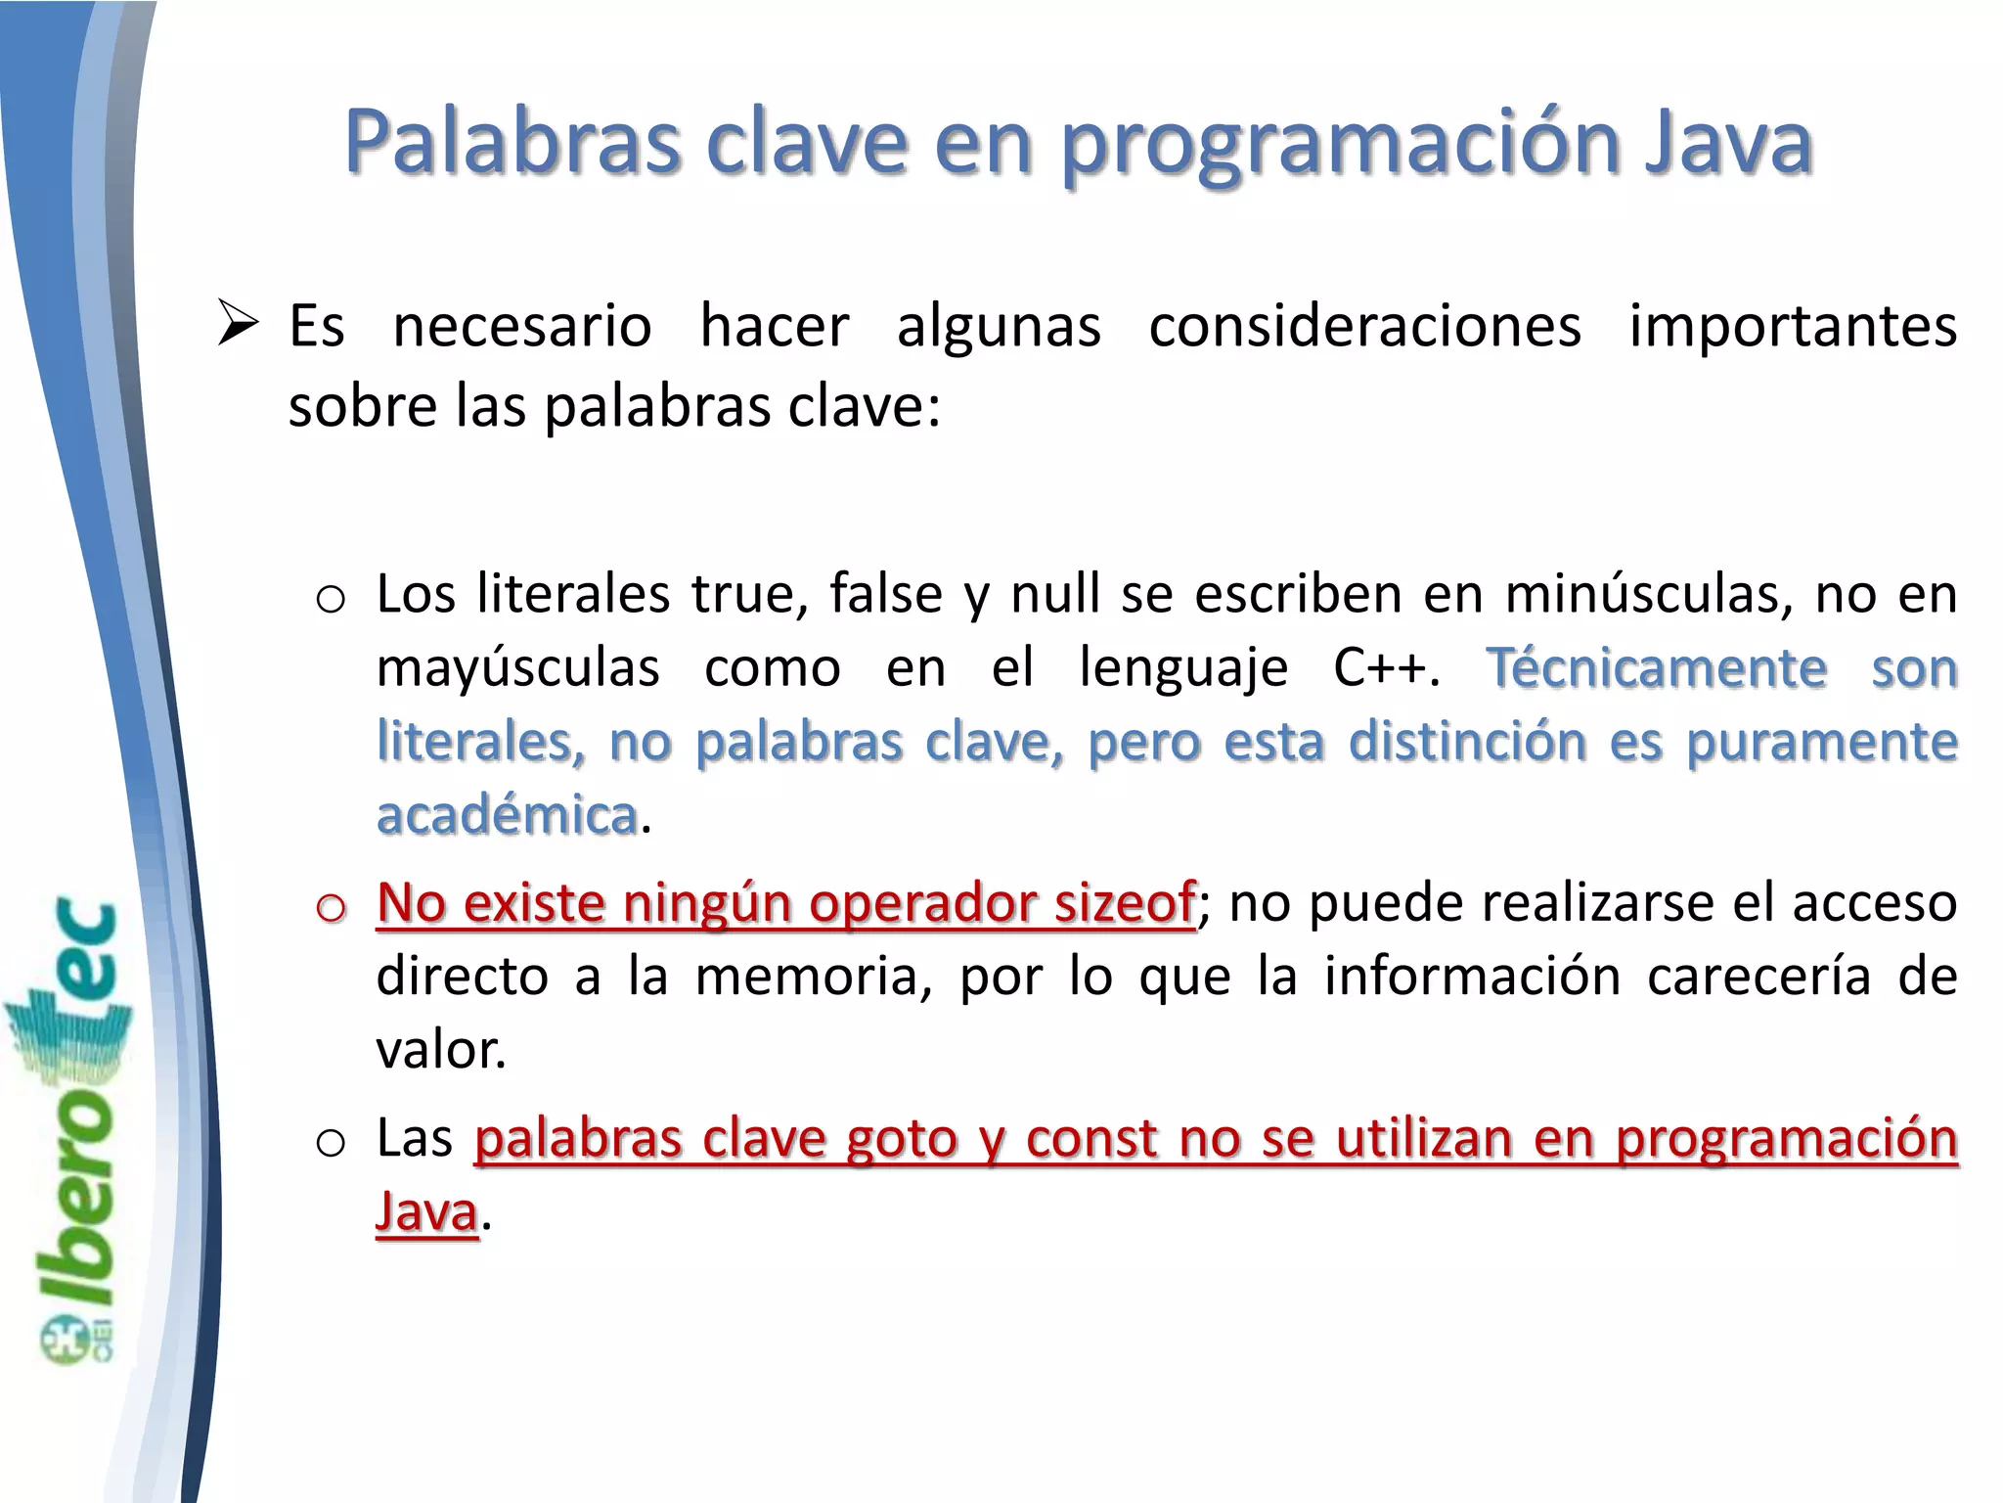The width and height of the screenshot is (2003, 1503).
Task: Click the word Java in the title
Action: [x=1728, y=143]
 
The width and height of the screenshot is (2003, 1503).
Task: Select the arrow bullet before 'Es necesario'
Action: [x=238, y=325]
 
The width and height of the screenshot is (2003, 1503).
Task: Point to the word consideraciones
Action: [x=1364, y=326]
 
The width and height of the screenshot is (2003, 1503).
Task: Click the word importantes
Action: [x=1793, y=326]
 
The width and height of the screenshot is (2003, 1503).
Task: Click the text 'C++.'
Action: [x=1388, y=668]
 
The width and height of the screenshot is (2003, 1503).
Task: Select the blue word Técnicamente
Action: [x=1657, y=668]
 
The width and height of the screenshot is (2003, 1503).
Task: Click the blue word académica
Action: [x=508, y=815]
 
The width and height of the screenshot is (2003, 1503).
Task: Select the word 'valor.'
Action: [x=441, y=1050]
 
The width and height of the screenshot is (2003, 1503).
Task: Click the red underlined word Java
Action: [x=427, y=1212]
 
